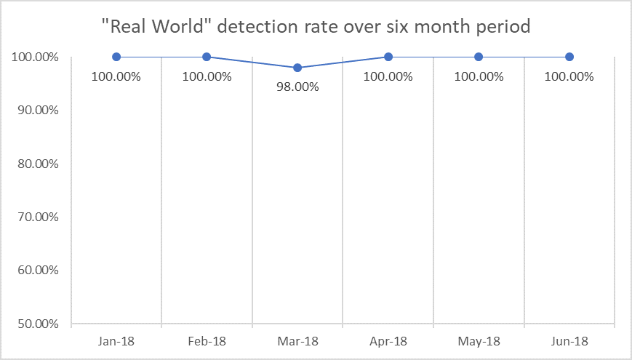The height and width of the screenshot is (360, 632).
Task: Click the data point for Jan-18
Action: [116, 57]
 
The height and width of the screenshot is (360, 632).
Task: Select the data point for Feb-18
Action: [207, 57]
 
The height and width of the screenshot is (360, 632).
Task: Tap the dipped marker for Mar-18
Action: [297, 68]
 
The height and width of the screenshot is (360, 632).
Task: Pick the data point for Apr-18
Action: [388, 57]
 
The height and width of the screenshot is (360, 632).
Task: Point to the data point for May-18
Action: [479, 57]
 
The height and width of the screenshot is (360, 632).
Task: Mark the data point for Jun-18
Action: [569, 57]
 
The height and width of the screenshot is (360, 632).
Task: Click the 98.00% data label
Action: [297, 88]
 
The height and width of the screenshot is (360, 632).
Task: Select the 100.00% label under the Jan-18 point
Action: [116, 76]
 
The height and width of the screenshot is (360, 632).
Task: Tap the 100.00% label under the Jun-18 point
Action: [569, 76]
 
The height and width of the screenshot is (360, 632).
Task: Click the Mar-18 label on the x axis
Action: [297, 340]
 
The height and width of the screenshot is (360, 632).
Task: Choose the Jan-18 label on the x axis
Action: [116, 340]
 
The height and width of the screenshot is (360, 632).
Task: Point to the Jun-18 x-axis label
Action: [569, 340]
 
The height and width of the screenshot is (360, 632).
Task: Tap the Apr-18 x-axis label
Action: [388, 340]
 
